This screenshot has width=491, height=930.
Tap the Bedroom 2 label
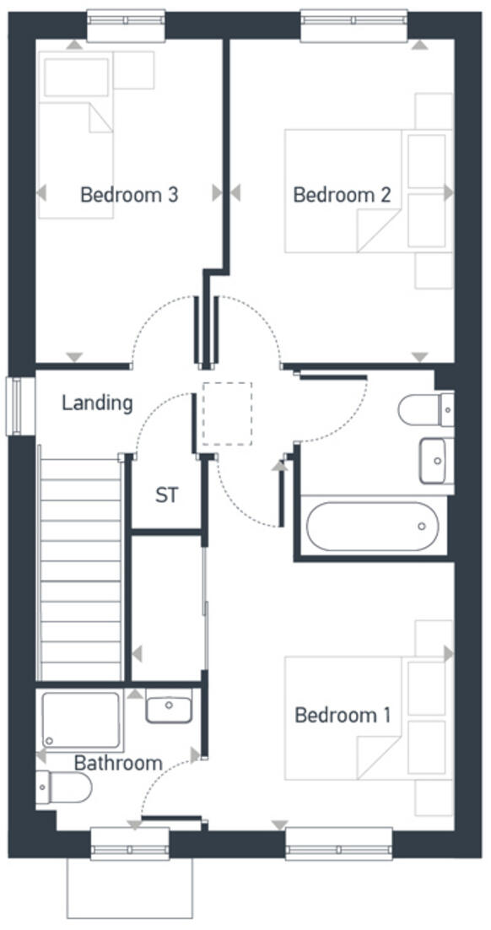coord(342,195)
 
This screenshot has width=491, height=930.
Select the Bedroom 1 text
coord(343,716)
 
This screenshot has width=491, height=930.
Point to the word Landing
coord(97,403)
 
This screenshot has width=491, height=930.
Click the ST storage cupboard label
coord(167,495)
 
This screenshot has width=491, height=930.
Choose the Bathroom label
coord(118,763)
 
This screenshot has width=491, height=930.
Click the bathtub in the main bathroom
coord(372,527)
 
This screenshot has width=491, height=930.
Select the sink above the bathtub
coord(435,461)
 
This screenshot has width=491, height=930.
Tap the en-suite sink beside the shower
coord(169,706)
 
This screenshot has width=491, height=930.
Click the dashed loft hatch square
coord(227,414)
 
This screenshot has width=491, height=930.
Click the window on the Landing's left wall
coord(15,406)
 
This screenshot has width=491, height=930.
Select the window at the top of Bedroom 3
coord(126,24)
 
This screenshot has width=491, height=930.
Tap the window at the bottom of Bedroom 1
coord(338,843)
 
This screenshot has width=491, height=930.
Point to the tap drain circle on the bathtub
coord(422,526)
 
